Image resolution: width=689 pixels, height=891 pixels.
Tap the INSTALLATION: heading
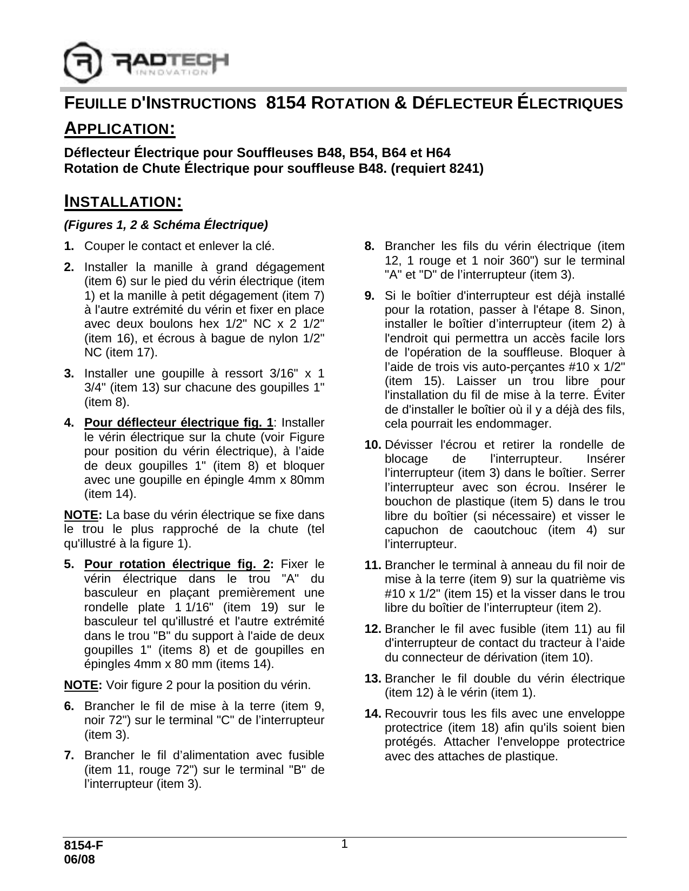(x=123, y=201)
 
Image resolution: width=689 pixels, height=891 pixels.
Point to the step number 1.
(x=69, y=246)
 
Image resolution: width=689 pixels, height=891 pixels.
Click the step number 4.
(x=69, y=422)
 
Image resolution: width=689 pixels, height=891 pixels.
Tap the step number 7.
(x=69, y=755)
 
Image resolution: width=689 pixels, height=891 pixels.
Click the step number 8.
(x=370, y=246)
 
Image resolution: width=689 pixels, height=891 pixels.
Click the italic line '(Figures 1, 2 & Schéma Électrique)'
(x=166, y=224)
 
